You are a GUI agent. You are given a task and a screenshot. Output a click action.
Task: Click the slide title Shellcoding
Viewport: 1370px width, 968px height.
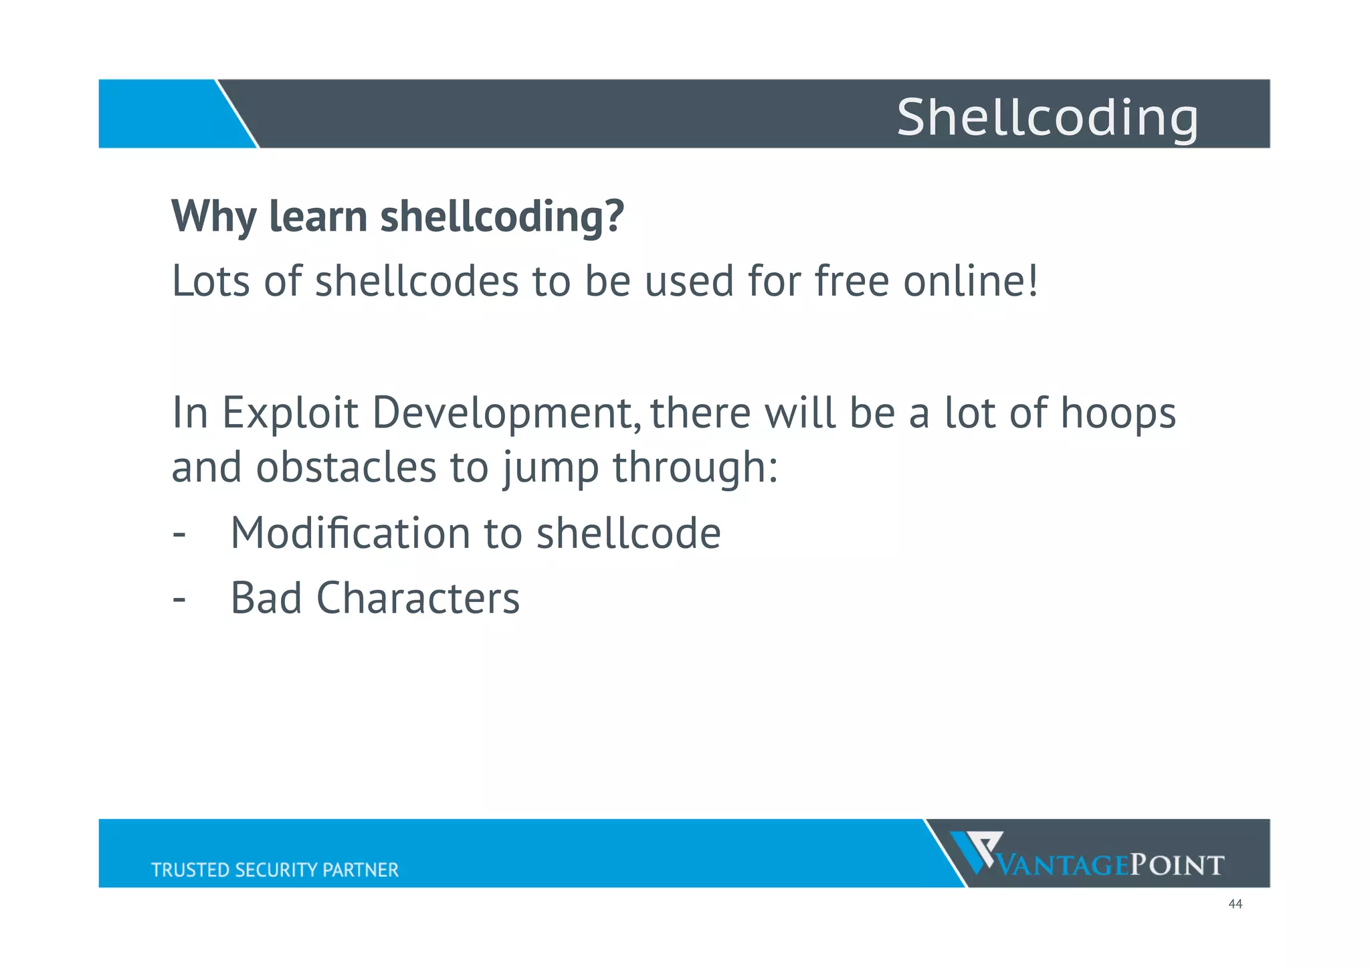point(1047,117)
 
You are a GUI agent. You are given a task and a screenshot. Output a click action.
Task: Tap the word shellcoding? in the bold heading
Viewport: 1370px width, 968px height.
point(502,217)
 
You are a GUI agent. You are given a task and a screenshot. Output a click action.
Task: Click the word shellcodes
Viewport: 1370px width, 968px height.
point(417,281)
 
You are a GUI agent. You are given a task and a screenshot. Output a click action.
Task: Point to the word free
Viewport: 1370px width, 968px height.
point(852,281)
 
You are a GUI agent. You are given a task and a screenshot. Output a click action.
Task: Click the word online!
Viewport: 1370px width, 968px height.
point(971,281)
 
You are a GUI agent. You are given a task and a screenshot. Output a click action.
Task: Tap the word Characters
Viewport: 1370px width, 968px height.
point(417,598)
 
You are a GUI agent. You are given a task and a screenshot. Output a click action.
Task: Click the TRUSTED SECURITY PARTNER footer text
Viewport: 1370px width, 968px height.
point(274,870)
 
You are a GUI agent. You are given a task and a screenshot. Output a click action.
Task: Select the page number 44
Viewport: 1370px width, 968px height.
point(1235,904)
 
